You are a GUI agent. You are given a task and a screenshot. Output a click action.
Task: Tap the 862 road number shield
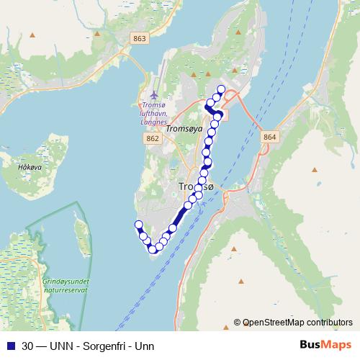(152, 137)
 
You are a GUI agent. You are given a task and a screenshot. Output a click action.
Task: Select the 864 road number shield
(269, 137)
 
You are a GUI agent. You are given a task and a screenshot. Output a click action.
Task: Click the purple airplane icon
(154, 94)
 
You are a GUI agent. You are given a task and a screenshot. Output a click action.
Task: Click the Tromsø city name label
(195, 187)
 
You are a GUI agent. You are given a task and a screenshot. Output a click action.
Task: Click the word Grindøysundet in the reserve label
(65, 280)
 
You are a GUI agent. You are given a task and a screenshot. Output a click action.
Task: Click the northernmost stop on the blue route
(221, 89)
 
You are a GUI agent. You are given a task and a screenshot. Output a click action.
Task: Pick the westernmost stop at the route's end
(138, 225)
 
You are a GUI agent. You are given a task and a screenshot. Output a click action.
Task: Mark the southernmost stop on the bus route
(153, 250)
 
